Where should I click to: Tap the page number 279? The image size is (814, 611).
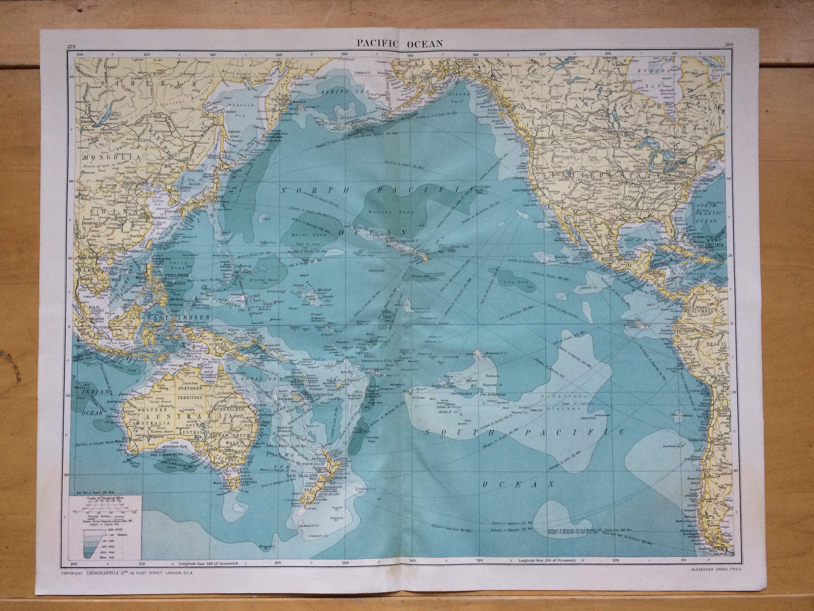(71, 46)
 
